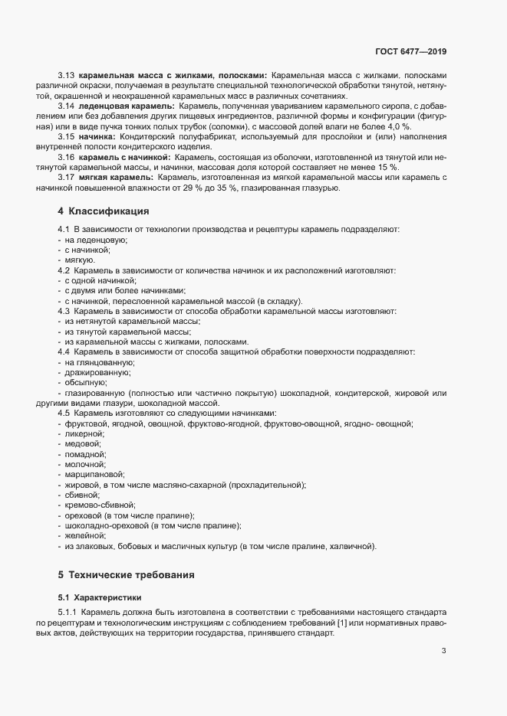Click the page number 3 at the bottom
[443, 652]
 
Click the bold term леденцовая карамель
[127, 106]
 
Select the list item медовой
[84, 444]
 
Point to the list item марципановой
[94, 475]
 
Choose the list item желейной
[84, 536]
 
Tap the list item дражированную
[97, 372]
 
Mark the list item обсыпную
[85, 382]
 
